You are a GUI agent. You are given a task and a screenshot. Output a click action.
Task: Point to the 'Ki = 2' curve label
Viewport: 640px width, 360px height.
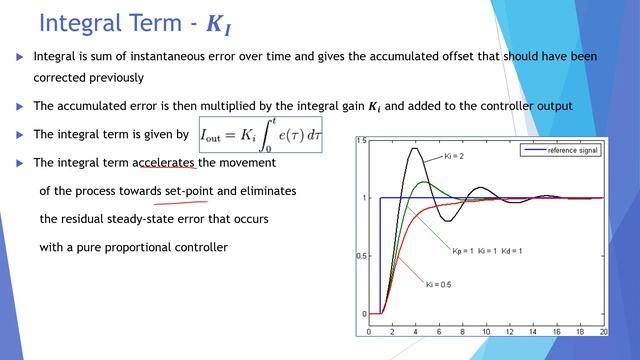tap(453, 158)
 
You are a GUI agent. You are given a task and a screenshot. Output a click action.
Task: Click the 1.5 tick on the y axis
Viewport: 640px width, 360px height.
tap(361, 140)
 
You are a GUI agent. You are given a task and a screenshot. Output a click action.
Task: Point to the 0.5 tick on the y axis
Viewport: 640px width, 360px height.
tap(361, 256)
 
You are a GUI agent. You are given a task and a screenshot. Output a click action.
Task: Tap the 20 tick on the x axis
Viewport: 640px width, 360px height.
tap(602, 330)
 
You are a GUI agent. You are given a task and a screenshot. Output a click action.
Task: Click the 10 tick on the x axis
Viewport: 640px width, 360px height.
tap(486, 330)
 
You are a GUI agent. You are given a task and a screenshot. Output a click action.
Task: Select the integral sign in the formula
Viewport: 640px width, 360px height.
tap(276, 135)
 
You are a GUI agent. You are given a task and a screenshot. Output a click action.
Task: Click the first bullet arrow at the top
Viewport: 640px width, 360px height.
tap(19, 58)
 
